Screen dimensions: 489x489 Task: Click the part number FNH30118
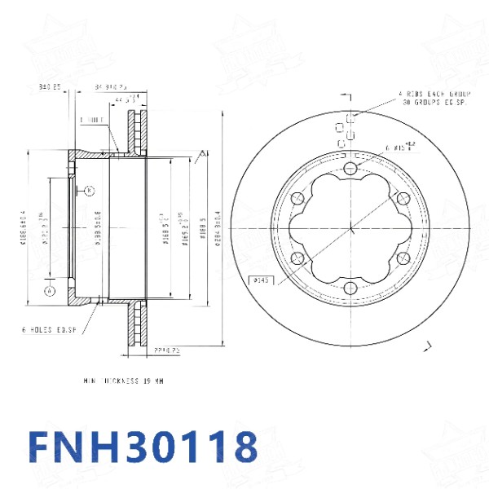click(143, 447)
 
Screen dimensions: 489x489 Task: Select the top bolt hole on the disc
click(350, 168)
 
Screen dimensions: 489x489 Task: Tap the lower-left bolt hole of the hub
click(298, 258)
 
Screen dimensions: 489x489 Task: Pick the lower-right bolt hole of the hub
click(403, 258)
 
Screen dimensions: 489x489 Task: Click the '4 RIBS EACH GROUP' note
click(434, 95)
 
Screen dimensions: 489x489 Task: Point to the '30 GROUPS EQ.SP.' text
click(434, 103)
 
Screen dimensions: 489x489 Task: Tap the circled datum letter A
click(50, 289)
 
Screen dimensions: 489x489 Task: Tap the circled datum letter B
click(89, 191)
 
